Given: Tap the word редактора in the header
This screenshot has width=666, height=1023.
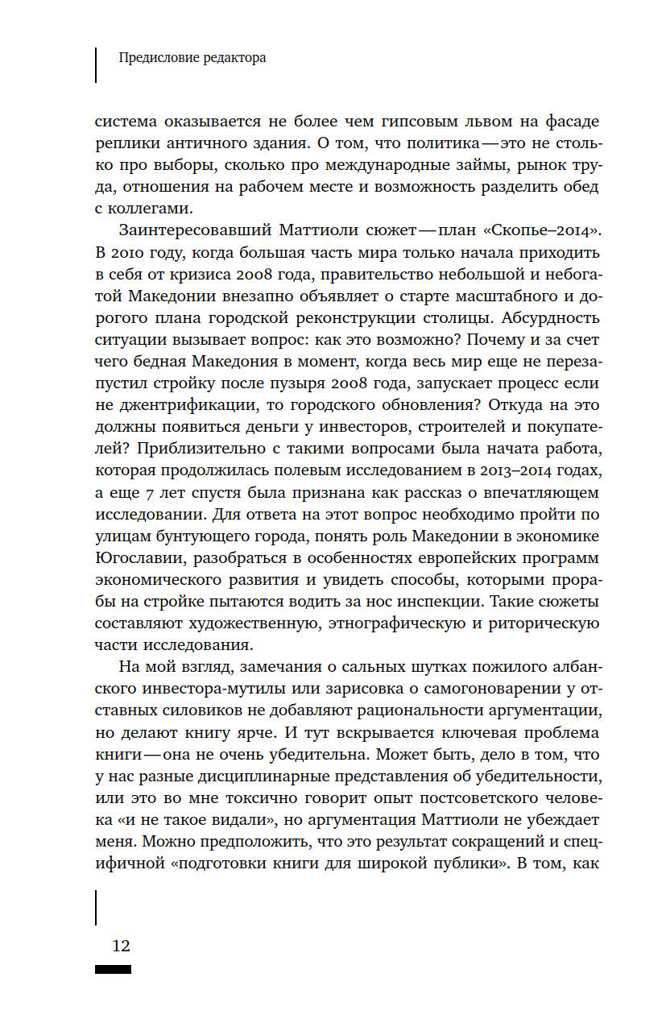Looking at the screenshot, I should tap(232, 58).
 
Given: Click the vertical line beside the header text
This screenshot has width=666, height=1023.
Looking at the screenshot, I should tap(96, 64).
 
